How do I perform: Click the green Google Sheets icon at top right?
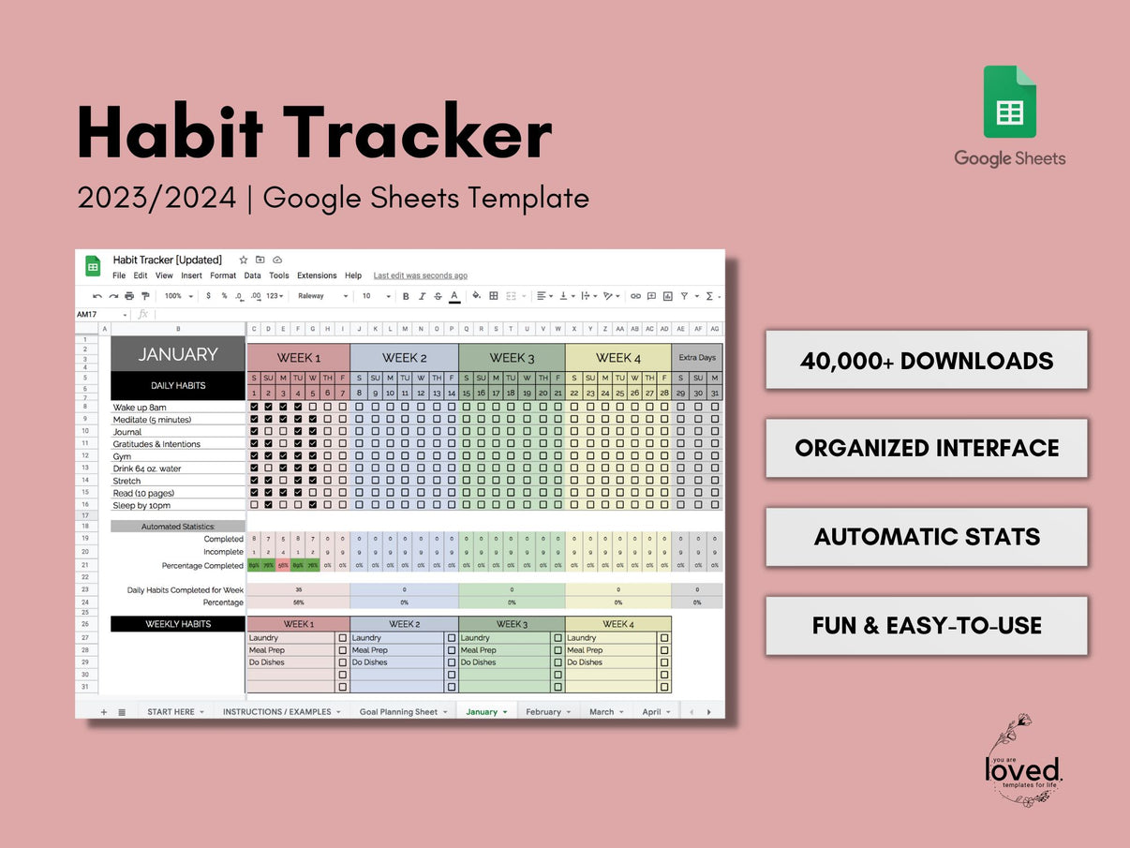1009,102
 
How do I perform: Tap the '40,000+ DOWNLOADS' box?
926,360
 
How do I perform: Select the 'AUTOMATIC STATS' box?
926,537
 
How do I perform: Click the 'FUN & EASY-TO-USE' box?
926,625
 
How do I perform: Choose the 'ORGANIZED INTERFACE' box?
926,448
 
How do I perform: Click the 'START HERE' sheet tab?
171,712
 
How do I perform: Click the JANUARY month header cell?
178,354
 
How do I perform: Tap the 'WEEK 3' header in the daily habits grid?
512,358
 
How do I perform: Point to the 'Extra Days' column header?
696,358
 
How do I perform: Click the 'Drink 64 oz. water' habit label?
147,469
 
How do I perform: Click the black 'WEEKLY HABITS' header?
178,624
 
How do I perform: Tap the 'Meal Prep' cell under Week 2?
370,650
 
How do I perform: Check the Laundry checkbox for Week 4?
664,638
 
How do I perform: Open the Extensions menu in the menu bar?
317,275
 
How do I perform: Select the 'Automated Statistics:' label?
178,527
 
